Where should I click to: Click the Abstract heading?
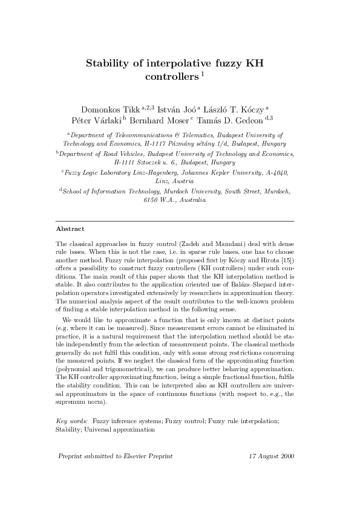point(70,229)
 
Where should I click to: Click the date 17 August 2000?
point(272,456)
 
